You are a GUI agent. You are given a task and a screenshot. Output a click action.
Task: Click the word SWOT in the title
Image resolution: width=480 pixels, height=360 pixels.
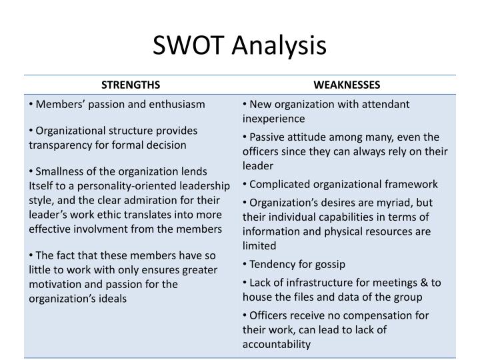click(x=190, y=45)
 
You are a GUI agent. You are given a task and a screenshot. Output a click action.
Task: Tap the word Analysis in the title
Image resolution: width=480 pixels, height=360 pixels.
click(x=280, y=45)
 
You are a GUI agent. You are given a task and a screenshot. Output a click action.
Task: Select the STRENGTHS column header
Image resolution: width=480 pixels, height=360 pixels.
click(x=131, y=85)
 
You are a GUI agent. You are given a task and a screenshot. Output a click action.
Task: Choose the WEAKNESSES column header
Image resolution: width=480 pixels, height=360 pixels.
click(x=347, y=85)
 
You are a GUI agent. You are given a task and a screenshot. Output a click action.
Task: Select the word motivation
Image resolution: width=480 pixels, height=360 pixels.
click(x=58, y=284)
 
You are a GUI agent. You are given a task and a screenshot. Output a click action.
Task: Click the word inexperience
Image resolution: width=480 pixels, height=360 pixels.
click(x=274, y=119)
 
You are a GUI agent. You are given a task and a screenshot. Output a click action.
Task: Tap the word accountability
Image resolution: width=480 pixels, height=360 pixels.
click(x=277, y=344)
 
